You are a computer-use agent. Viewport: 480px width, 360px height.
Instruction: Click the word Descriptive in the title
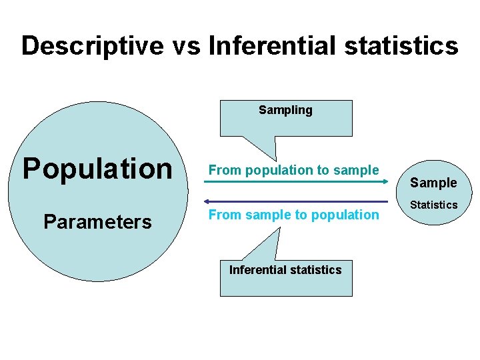[x=93, y=47]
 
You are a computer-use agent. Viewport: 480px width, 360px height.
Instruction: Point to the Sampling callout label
[x=285, y=110]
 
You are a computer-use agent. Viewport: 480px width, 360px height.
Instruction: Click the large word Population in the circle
[x=97, y=169]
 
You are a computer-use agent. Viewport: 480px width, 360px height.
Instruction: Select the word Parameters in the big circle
[x=97, y=221]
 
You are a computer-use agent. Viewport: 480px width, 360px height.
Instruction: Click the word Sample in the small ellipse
[x=433, y=183]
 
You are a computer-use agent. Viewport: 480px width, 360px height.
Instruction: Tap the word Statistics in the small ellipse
[x=433, y=205]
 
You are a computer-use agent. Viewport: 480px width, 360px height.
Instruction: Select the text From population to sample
[x=293, y=170]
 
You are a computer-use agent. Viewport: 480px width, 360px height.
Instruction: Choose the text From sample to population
[x=293, y=215]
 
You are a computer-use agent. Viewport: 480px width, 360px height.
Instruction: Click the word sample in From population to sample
[x=357, y=170]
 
